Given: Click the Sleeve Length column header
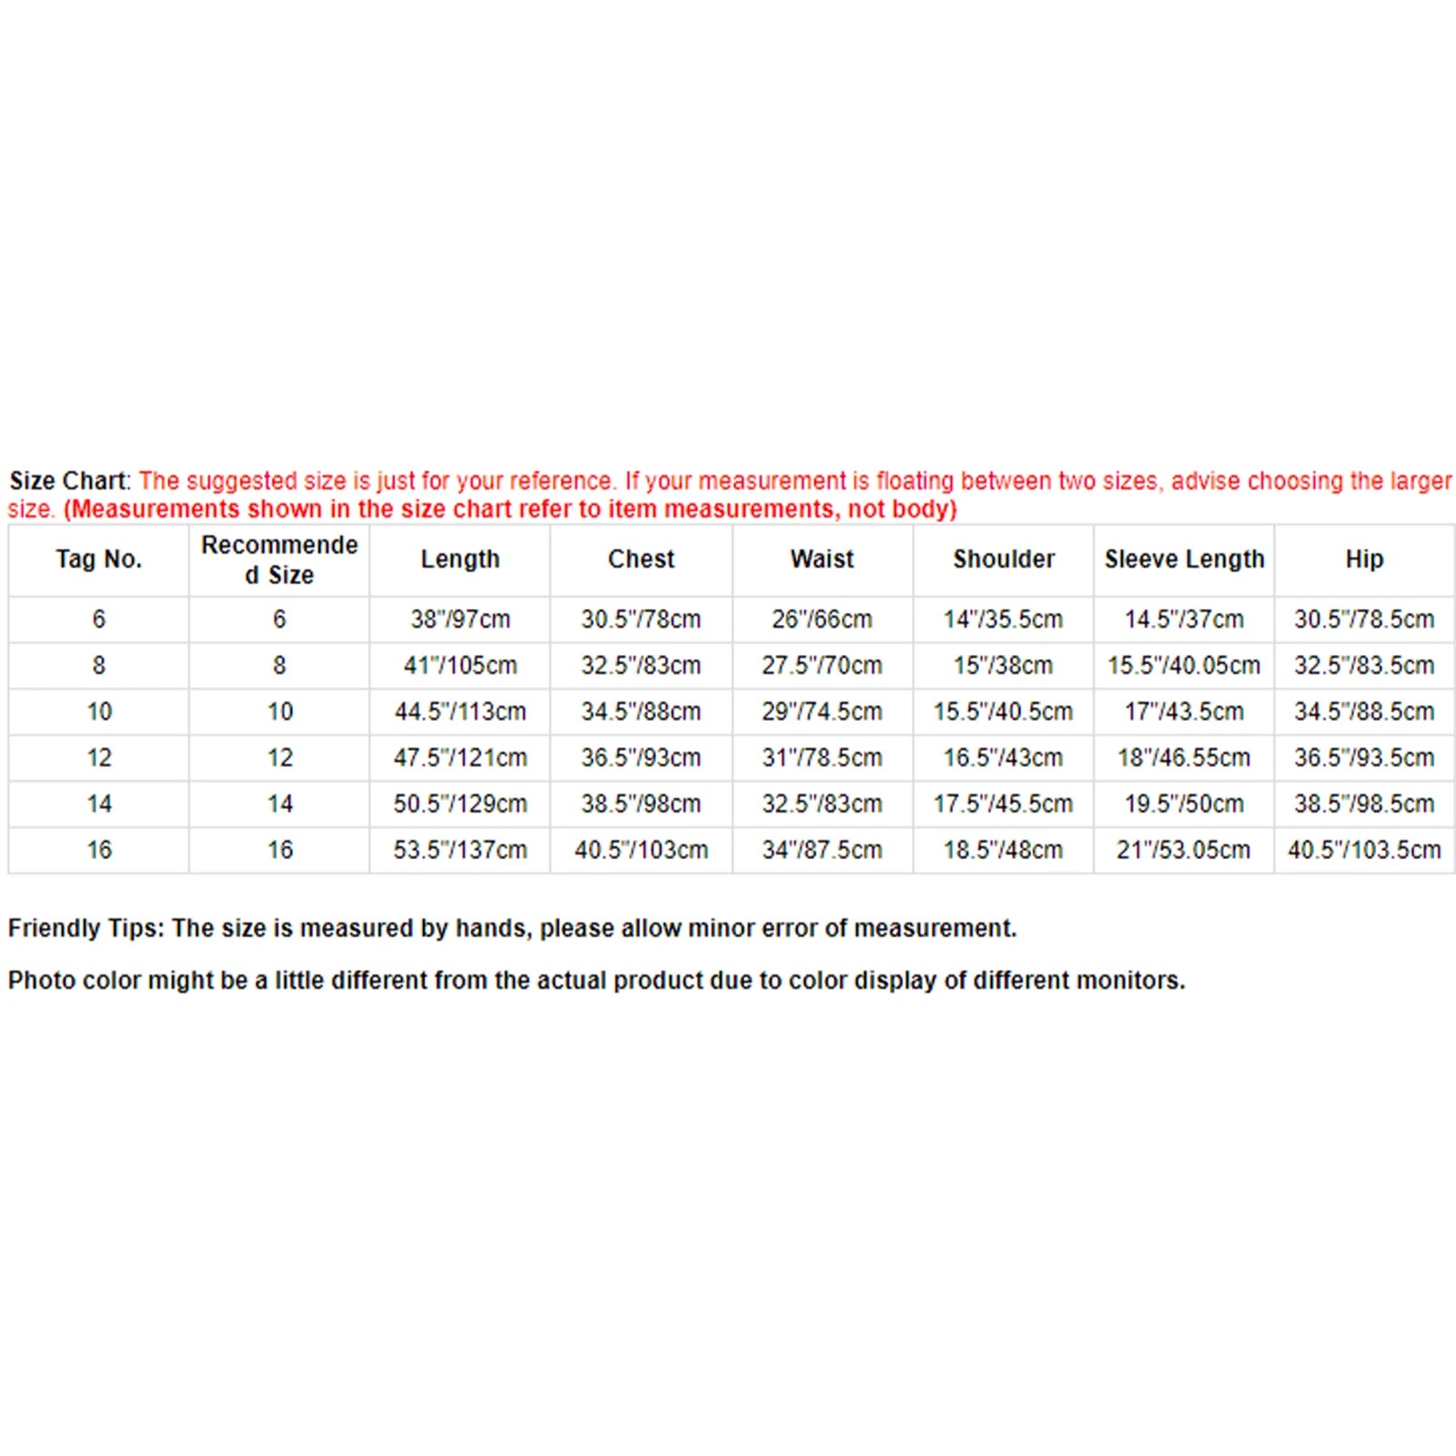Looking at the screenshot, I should tap(1184, 559).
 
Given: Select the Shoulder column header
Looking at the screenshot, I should tap(1004, 559).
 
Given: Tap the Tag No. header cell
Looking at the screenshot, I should tap(98, 559).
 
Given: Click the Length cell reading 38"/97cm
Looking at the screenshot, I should tap(460, 620).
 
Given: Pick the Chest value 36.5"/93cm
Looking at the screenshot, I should tap(642, 758).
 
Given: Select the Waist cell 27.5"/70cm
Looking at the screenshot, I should tap(822, 666).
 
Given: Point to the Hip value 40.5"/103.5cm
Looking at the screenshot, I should tap(1364, 851).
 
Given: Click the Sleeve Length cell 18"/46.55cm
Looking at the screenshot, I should tap(1184, 758).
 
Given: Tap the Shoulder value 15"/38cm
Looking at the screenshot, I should tap(1003, 666).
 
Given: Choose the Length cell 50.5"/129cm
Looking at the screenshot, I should tap(460, 804).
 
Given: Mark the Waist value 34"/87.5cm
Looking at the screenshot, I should tap(822, 851).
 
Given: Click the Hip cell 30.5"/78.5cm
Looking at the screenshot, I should tap(1364, 620).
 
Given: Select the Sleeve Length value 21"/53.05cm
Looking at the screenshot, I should tap(1184, 851).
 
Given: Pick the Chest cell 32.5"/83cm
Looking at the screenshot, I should tap(642, 666).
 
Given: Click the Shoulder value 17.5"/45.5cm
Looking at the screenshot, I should tap(1003, 804).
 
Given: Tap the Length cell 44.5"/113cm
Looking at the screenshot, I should tap(460, 712).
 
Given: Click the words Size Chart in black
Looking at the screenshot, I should tap(68, 480).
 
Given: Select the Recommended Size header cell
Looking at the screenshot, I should tap(279, 560).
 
